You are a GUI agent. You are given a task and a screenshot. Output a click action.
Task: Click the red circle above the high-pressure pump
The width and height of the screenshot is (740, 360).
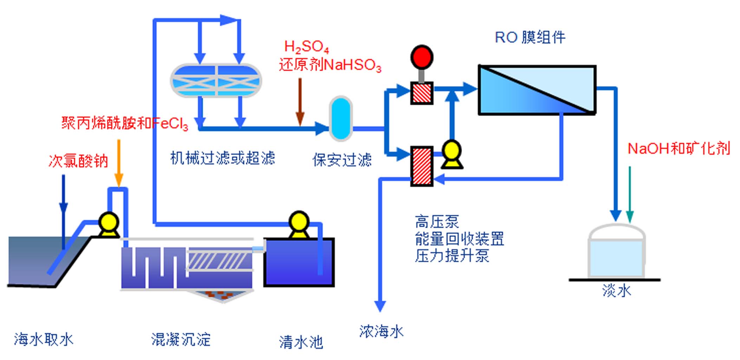coord(422,57)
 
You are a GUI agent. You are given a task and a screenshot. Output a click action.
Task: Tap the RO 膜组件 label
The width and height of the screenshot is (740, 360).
coord(530,37)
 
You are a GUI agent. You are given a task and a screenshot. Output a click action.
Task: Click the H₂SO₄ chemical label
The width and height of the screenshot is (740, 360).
coord(306,46)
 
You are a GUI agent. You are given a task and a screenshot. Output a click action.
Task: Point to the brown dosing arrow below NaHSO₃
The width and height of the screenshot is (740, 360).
coord(300,102)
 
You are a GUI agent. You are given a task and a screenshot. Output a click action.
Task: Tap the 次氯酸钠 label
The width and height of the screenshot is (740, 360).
coord(78,161)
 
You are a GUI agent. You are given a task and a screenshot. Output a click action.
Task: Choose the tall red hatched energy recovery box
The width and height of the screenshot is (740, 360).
coord(422,166)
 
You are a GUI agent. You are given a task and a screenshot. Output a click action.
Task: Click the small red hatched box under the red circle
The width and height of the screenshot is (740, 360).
coord(422,93)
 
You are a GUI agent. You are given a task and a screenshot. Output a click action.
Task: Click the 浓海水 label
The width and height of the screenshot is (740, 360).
coord(381,331)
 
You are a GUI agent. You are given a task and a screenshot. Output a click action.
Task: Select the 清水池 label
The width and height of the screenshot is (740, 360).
coord(301,342)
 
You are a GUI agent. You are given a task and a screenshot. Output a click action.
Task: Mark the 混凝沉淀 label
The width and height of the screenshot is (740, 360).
coord(181,340)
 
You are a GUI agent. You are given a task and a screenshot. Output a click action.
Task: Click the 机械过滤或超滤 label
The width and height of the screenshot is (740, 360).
coord(222,158)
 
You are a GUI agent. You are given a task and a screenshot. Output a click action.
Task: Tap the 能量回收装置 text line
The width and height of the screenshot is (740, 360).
coord(459,239)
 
